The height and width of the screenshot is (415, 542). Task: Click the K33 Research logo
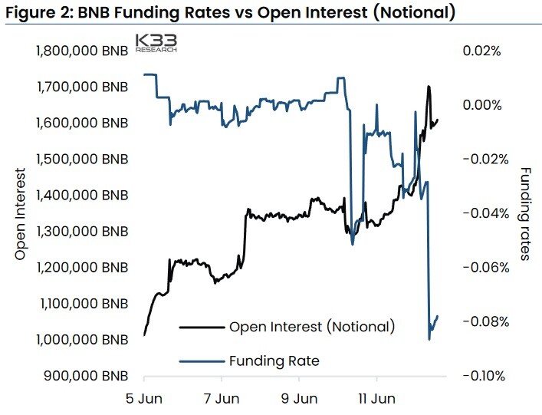(x=156, y=43)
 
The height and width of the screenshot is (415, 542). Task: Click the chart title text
(x=231, y=12)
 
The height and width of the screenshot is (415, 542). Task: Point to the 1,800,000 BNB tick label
(x=82, y=51)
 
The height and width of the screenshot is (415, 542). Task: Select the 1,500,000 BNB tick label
(x=82, y=160)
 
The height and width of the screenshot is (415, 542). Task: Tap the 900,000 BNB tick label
(x=86, y=376)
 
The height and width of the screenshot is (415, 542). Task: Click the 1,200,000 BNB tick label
(x=82, y=268)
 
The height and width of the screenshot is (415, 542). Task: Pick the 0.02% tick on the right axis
(x=482, y=51)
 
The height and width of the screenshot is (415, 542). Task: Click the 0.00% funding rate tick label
(x=482, y=105)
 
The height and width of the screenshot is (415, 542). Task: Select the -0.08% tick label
(x=486, y=322)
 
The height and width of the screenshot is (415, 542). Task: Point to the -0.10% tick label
(x=484, y=376)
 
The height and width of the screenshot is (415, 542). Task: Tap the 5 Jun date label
(x=144, y=399)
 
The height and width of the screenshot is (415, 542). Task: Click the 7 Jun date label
(x=222, y=399)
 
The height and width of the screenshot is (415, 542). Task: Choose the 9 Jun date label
(x=299, y=399)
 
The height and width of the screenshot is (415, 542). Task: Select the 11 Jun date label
(x=376, y=399)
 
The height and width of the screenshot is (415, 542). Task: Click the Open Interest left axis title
(x=21, y=214)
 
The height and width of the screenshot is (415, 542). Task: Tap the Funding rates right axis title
(x=524, y=214)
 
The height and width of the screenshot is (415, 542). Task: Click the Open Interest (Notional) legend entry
(x=287, y=327)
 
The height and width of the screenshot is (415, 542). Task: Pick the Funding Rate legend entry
(x=249, y=361)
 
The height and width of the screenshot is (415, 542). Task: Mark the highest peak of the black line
(x=429, y=86)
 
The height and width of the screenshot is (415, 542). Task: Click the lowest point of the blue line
(x=429, y=339)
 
